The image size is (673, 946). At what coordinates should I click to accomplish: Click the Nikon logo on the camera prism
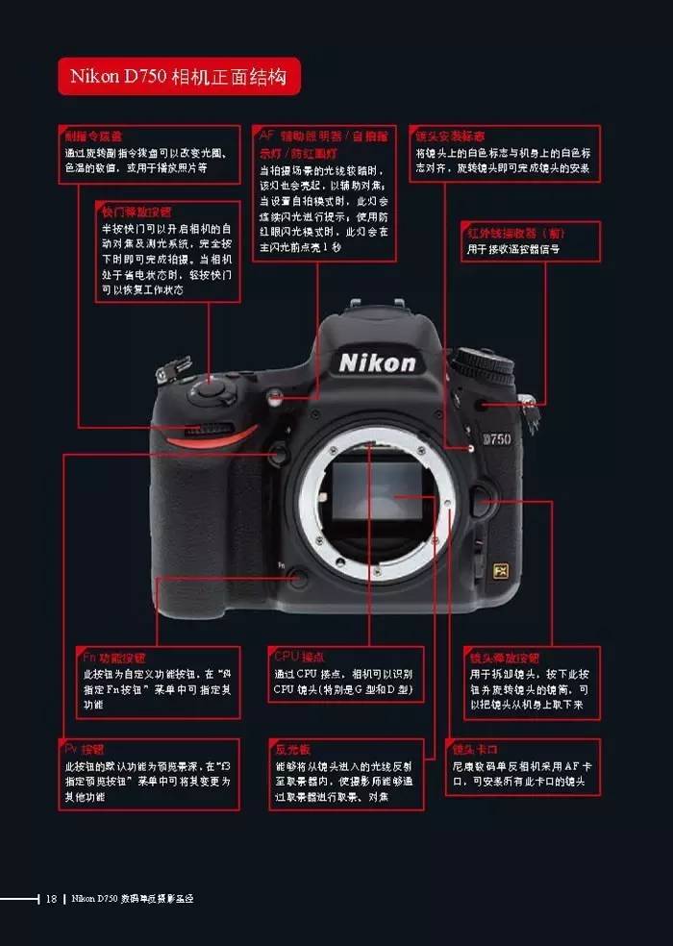tap(378, 362)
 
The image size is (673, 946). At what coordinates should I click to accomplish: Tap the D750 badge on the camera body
tap(496, 439)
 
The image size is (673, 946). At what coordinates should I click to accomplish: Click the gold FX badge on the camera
tap(499, 569)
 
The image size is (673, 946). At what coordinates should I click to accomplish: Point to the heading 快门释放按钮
tap(137, 212)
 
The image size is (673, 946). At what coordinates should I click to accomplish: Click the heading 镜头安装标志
tap(450, 137)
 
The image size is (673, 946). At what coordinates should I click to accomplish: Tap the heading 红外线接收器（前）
tap(507, 233)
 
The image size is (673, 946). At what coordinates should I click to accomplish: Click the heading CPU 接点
tap(299, 657)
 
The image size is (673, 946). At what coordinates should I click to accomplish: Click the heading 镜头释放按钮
tap(504, 658)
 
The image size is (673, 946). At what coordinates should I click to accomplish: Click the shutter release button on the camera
tap(212, 386)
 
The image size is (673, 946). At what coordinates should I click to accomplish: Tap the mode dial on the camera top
tap(483, 365)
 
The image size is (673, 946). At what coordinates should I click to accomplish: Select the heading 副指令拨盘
tap(92, 137)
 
